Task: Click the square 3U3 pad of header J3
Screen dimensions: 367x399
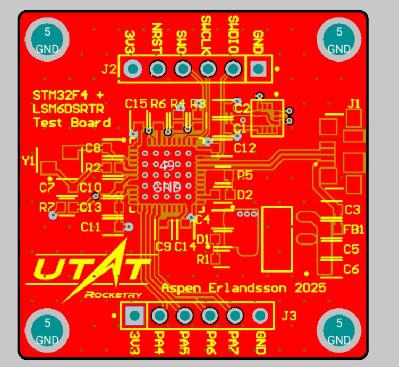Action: tap(134, 316)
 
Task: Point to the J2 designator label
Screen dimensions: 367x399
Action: tap(109, 69)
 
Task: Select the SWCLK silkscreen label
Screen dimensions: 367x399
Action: tap(207, 35)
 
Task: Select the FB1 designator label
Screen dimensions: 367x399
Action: tap(354, 230)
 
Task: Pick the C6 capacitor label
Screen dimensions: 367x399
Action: tap(351, 269)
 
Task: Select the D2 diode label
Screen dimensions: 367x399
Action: tap(245, 195)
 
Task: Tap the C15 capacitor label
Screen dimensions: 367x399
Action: tap(136, 104)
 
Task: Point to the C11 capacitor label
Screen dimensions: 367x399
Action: tap(90, 227)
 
